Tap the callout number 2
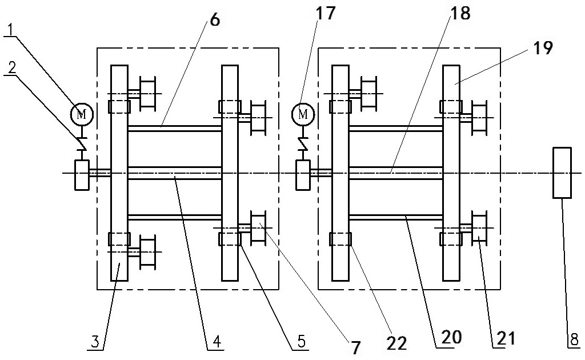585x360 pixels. pos(13,67)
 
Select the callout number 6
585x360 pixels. pos(215,20)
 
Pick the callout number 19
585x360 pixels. pos(543,48)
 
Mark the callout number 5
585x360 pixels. pos(301,341)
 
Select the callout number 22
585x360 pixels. pos(396,343)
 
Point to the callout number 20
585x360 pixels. pos(452,337)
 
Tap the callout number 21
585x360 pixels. pos(506,338)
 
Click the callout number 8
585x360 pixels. pos(576,340)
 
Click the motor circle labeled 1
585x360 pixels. pos(82,113)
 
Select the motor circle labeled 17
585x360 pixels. pos(303,114)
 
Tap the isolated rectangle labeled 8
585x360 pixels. pos(562,173)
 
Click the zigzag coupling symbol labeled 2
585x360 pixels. pos(82,143)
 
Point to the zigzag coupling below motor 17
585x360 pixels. pos(303,143)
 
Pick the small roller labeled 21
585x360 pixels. pos(479,226)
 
